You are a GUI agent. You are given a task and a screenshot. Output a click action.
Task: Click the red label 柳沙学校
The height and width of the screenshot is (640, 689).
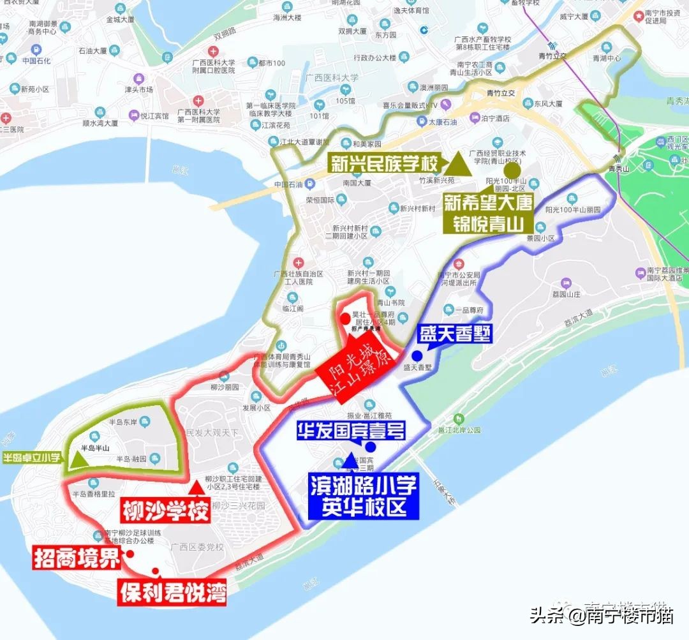(x=165, y=510)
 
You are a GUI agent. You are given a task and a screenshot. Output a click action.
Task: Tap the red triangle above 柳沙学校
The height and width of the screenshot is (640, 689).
(x=197, y=487)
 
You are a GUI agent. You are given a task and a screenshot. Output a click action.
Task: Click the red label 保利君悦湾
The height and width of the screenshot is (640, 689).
(x=172, y=592)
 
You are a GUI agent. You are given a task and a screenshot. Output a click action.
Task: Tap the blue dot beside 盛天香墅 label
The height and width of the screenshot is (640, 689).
(x=417, y=355)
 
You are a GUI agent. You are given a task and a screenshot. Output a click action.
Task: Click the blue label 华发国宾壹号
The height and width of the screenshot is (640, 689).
(x=350, y=431)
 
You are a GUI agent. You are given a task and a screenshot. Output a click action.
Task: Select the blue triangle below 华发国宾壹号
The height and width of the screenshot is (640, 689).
(x=348, y=459)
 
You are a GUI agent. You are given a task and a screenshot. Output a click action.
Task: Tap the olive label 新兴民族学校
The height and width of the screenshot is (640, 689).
(x=385, y=164)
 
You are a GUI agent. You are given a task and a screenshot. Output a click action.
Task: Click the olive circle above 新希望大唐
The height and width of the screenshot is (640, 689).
(x=512, y=170)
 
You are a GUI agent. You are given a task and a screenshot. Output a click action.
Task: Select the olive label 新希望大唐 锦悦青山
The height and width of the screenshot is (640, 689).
(x=489, y=213)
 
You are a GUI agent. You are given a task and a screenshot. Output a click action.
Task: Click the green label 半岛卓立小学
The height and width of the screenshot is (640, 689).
(x=32, y=457)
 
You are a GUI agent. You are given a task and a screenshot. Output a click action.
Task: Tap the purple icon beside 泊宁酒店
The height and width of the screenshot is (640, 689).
(x=474, y=118)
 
